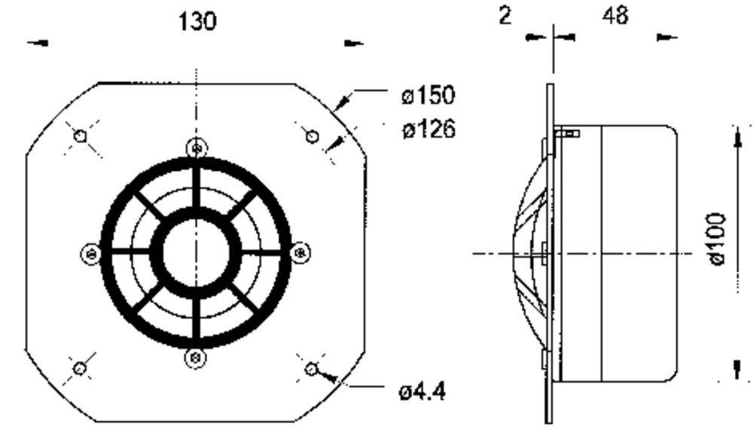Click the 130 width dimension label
pyautogui.click(x=197, y=22)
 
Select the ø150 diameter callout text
pyautogui.click(x=428, y=95)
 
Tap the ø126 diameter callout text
pyautogui.click(x=429, y=129)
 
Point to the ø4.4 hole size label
pyautogui.click(x=422, y=392)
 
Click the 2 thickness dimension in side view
pyautogui.click(x=505, y=16)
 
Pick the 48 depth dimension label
pyautogui.click(x=615, y=16)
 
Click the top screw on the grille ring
pyautogui.click(x=197, y=148)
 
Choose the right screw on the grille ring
pyautogui.click(x=300, y=252)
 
